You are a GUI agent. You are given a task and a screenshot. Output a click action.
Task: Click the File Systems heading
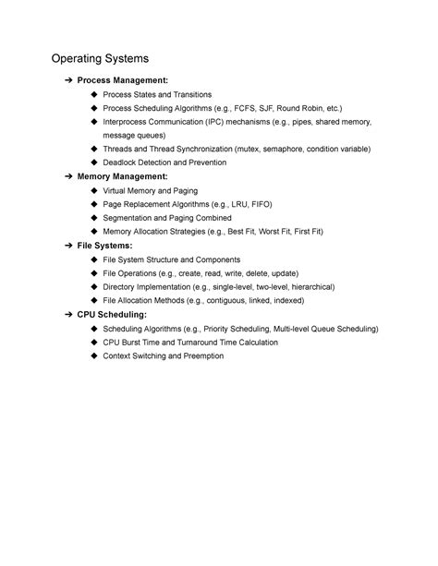coord(104,246)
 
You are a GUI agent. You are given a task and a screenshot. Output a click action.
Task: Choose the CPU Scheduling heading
coord(111,315)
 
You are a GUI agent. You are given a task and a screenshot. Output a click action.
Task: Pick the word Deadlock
coord(122,163)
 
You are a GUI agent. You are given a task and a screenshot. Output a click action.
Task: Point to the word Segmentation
coord(130,217)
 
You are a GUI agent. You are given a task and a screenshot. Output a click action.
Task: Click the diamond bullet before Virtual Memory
coord(94,189)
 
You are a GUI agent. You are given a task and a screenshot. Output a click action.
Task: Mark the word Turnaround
coord(201,342)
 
